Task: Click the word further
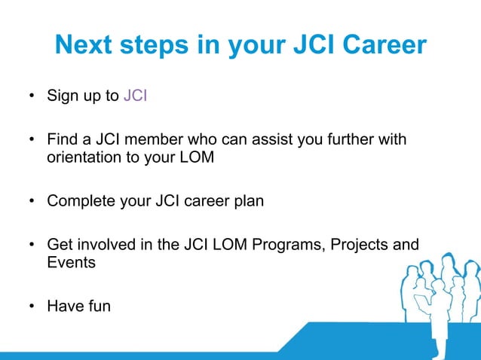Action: click(353, 140)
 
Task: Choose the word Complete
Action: click(79, 201)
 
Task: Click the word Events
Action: click(71, 264)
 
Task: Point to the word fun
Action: click(97, 307)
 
